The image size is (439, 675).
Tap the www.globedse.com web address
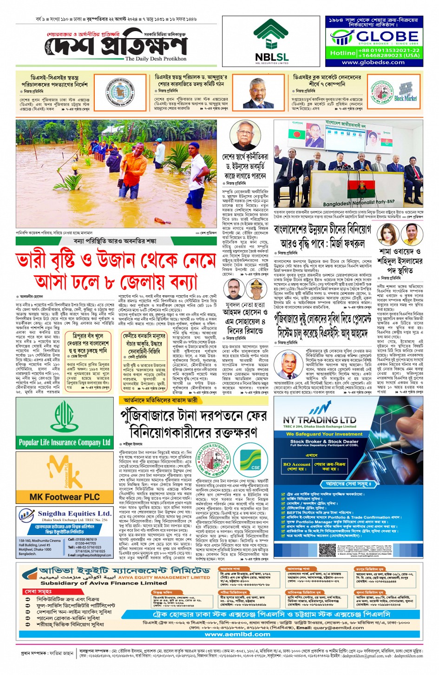[373, 62]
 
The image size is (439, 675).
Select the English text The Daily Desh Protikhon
[156, 59]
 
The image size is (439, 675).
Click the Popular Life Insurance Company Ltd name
[65, 442]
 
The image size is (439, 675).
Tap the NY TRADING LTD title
[320, 420]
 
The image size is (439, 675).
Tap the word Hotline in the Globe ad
[342, 53]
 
